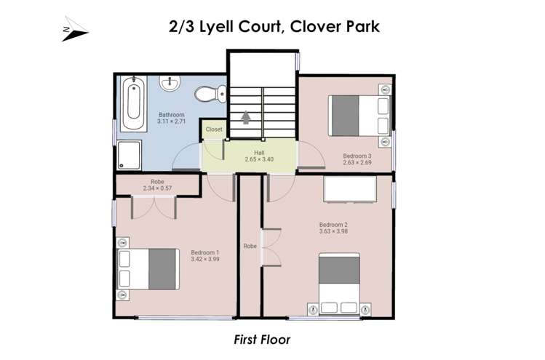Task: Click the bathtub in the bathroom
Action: click(132, 105)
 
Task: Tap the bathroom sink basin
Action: click(172, 85)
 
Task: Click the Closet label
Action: click(214, 129)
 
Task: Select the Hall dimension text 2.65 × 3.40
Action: click(249, 159)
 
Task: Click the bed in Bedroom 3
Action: click(359, 115)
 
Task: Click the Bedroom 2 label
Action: click(333, 224)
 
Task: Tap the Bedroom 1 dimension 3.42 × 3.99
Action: click(204, 259)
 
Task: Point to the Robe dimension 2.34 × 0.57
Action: click(157, 189)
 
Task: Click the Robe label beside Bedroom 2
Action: click(250, 246)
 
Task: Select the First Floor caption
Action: click(262, 340)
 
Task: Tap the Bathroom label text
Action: click(172, 115)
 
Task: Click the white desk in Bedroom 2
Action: click(348, 190)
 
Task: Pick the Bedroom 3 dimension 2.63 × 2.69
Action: click(357, 162)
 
